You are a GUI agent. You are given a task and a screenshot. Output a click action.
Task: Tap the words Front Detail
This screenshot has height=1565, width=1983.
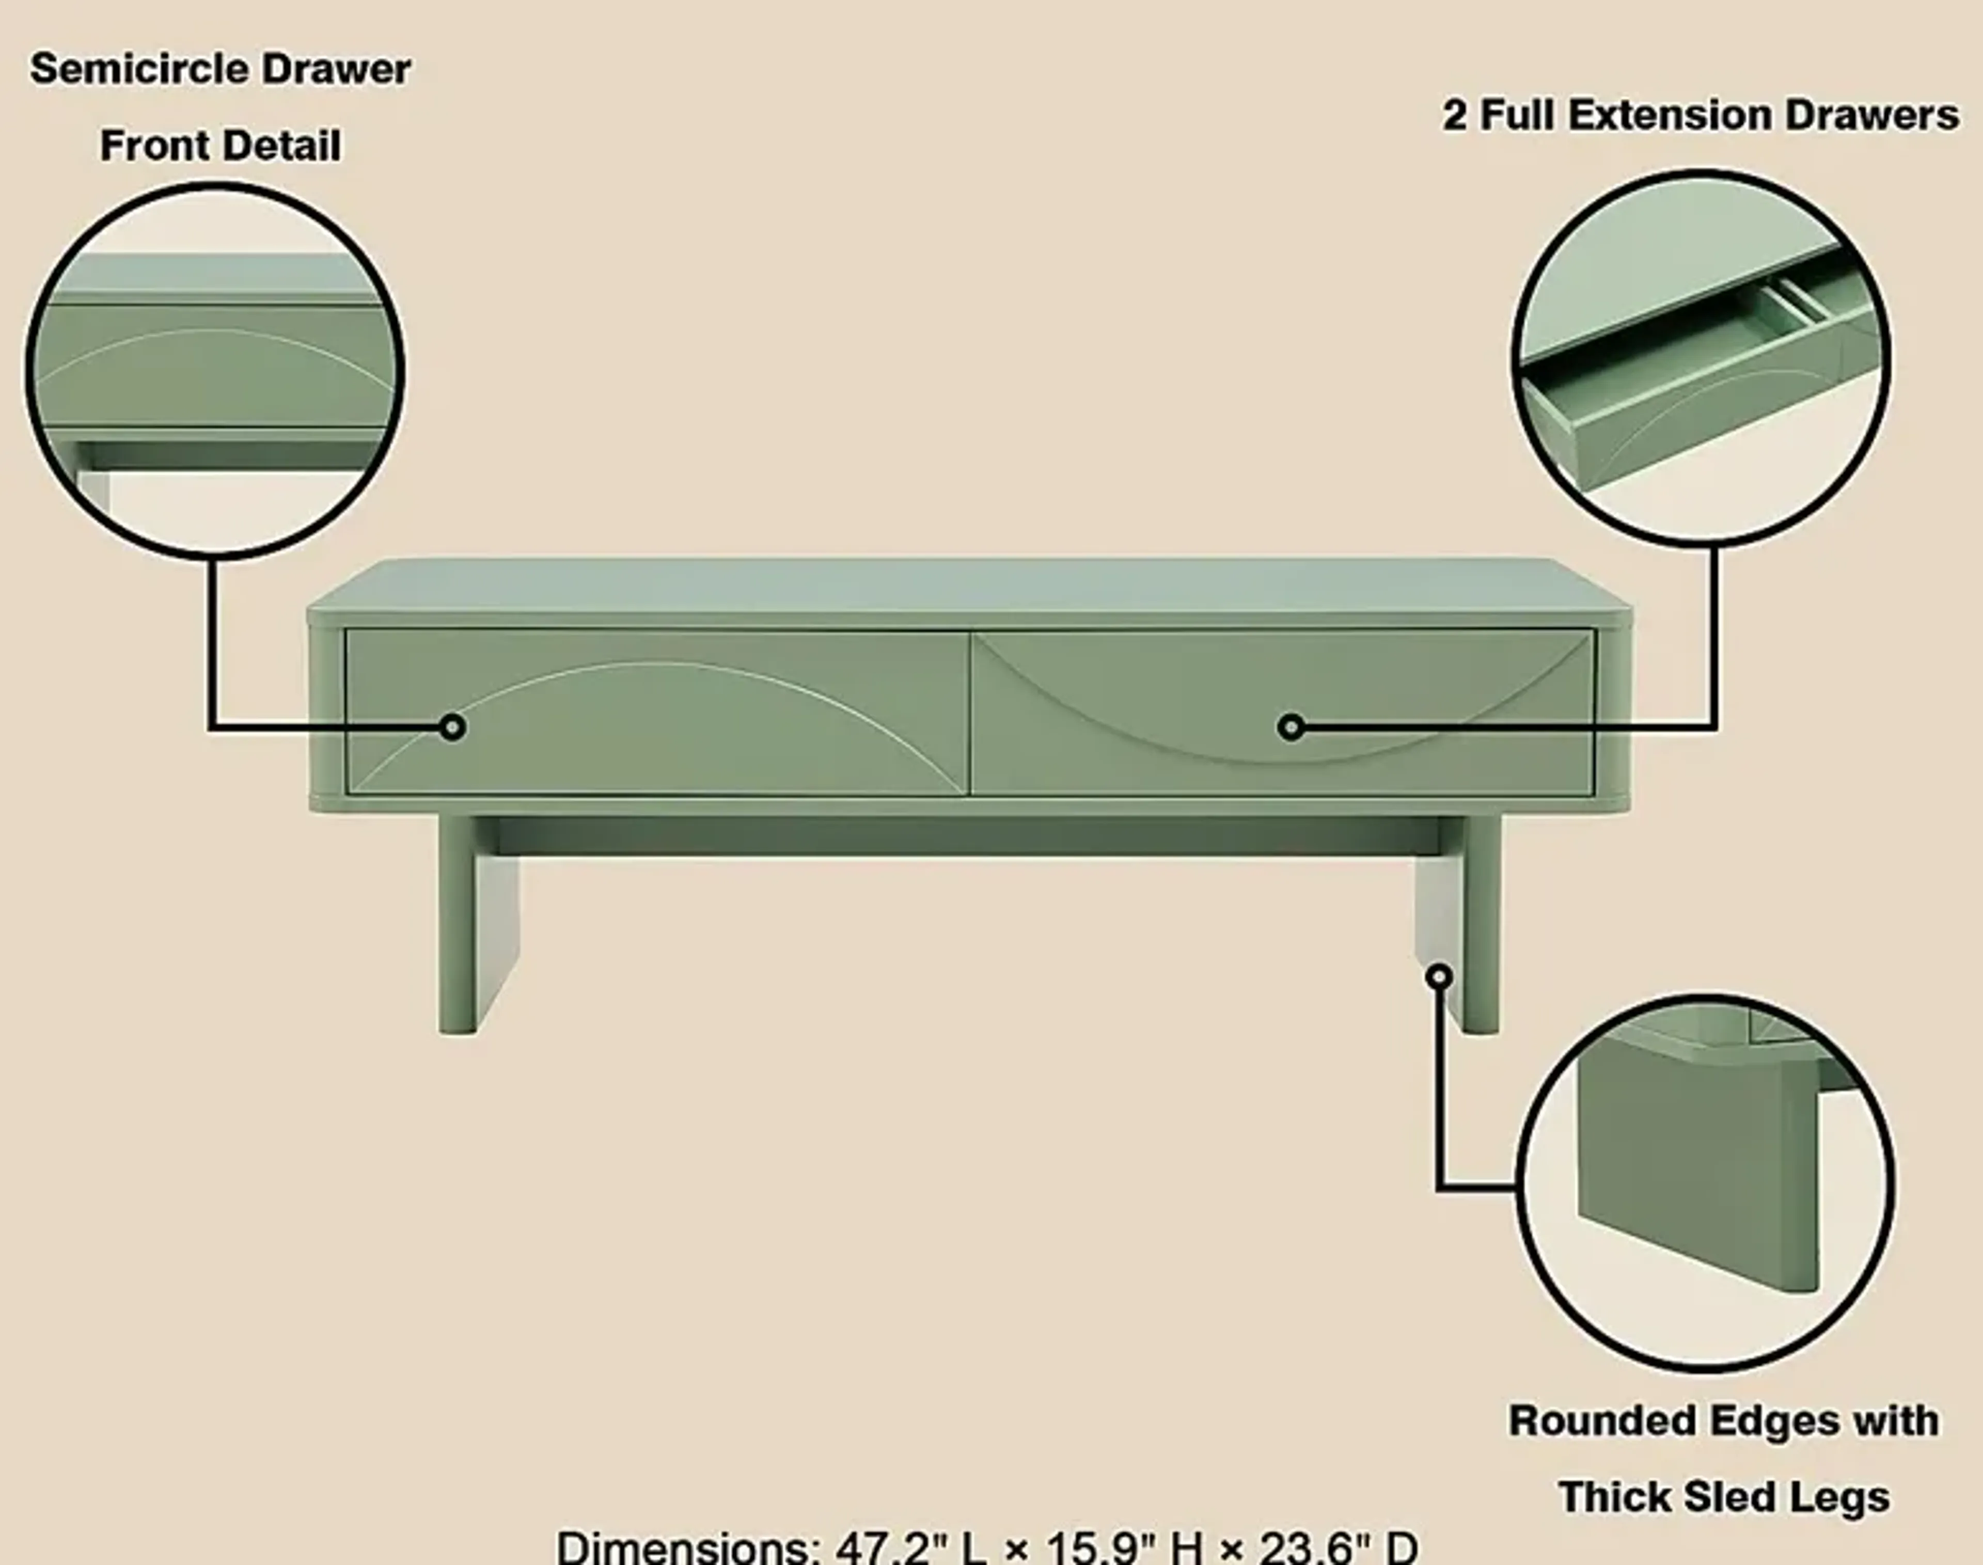[x=220, y=146]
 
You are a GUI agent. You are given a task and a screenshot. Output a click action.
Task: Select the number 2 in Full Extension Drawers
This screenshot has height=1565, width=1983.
[x=1454, y=116]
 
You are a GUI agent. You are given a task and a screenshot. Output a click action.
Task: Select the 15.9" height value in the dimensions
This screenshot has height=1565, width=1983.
[x=1104, y=1547]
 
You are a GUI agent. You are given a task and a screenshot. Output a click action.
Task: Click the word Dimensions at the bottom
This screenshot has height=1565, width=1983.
[x=687, y=1547]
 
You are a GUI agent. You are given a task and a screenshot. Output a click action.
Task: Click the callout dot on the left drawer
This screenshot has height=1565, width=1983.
[x=452, y=728]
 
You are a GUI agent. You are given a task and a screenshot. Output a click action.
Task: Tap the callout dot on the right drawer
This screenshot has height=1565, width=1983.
[x=1290, y=728]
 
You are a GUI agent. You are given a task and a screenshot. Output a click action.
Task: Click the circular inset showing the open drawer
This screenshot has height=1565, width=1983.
[x=1700, y=357]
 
